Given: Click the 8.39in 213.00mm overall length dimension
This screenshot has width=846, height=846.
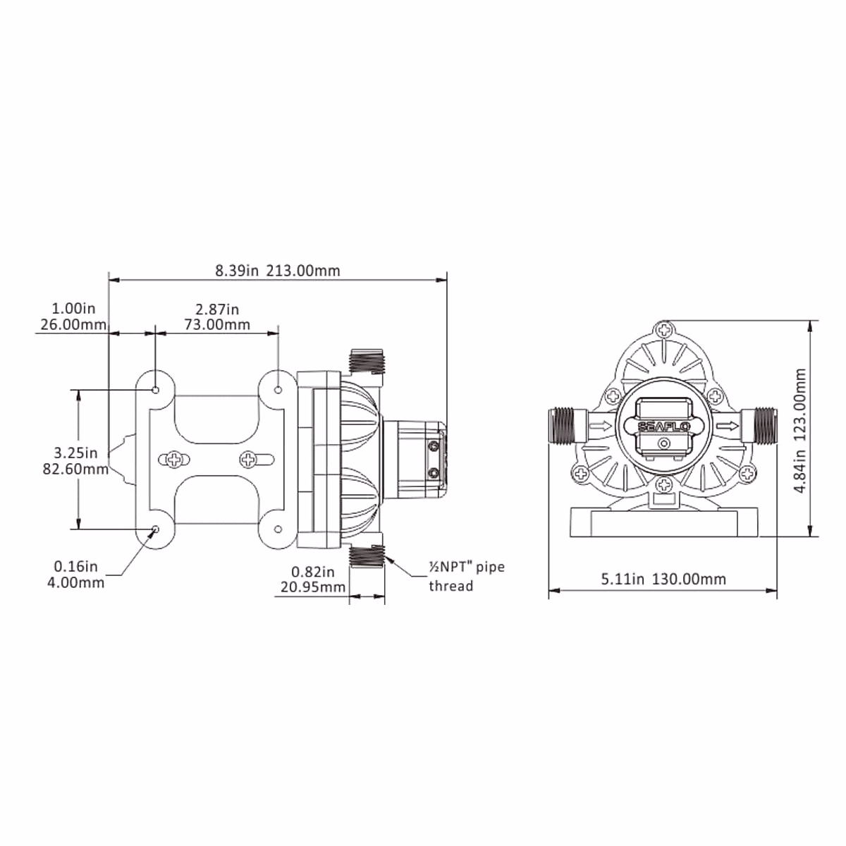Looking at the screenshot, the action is click(278, 270).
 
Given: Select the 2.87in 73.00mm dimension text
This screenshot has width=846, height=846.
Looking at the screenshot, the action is click(217, 317).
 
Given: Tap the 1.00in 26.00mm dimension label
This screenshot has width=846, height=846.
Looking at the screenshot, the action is click(71, 317).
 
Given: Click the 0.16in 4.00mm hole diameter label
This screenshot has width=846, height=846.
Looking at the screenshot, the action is click(78, 574).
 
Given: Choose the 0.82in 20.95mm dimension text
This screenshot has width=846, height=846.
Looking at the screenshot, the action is click(311, 579).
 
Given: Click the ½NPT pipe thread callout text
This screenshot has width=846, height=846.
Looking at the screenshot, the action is click(467, 576).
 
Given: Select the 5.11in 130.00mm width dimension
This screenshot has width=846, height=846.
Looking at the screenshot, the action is click(663, 579).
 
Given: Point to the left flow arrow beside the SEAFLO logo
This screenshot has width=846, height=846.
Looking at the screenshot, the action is click(601, 425).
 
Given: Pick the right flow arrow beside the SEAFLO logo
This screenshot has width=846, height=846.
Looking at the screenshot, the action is click(729, 425).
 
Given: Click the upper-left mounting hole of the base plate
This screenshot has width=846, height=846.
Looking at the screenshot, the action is click(156, 390).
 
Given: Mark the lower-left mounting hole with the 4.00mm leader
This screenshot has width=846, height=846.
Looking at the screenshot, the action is click(156, 529).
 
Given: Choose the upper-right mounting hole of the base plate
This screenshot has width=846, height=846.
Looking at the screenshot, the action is click(278, 390).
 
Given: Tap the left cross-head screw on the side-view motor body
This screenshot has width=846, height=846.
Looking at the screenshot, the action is click(173, 460).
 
